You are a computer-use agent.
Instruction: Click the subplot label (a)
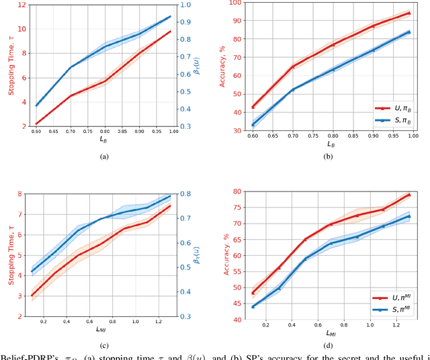click(x=103, y=156)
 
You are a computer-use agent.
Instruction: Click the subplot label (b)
click(x=327, y=156)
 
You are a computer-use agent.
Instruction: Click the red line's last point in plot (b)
click(x=409, y=13)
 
